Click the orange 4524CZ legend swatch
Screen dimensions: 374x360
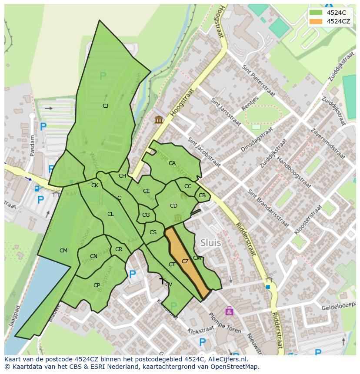[316, 21]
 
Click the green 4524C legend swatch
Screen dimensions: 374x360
[316, 13]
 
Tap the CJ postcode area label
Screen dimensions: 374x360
[105, 106]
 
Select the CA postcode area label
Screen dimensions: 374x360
[172, 163]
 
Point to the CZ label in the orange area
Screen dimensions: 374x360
[185, 261]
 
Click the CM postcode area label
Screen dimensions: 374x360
[63, 250]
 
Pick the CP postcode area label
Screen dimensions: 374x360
[97, 285]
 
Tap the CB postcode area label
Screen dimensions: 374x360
[202, 195]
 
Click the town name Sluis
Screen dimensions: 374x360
[211, 243]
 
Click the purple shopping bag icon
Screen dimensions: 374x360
[229, 311]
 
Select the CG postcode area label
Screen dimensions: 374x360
[146, 215]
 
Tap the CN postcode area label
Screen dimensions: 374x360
[93, 256]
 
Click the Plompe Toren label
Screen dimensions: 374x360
[225, 324]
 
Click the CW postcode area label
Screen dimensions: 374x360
[197, 258]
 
